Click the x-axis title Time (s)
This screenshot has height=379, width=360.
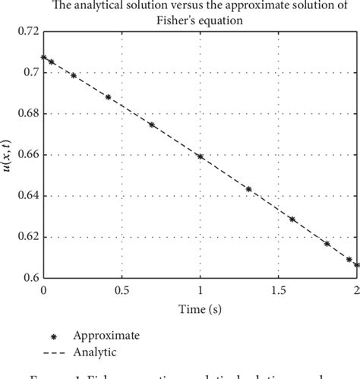pyautogui.click(x=200, y=309)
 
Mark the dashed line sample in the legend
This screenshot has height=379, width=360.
pyautogui.click(x=51, y=349)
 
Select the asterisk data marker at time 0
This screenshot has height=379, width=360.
pyautogui.click(x=44, y=57)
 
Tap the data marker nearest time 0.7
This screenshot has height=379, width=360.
pyautogui.click(x=152, y=125)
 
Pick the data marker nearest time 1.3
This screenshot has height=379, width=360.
pyautogui.click(x=248, y=189)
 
